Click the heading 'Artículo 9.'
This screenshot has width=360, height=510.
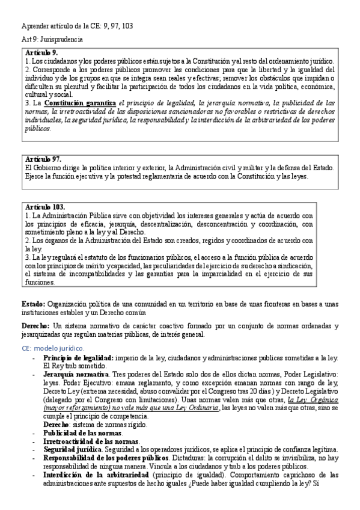[42, 54]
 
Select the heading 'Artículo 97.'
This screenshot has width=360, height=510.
[44, 158]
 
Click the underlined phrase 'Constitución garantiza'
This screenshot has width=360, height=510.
[79, 104]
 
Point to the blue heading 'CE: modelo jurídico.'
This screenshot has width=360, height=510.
[53, 348]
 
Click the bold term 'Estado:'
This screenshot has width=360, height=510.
[32, 304]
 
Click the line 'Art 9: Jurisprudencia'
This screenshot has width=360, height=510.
[52, 39]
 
